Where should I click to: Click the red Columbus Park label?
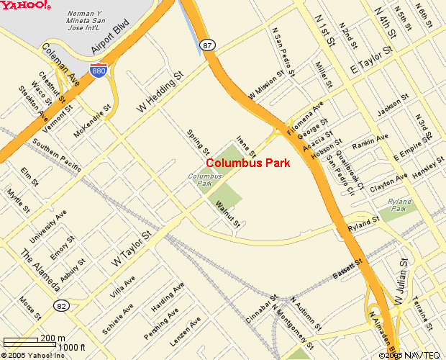point(248,163)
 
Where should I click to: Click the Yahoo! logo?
point(25,6)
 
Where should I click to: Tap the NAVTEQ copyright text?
point(411,355)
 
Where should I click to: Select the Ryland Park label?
point(399,205)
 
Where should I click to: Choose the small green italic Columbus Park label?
point(205,179)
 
